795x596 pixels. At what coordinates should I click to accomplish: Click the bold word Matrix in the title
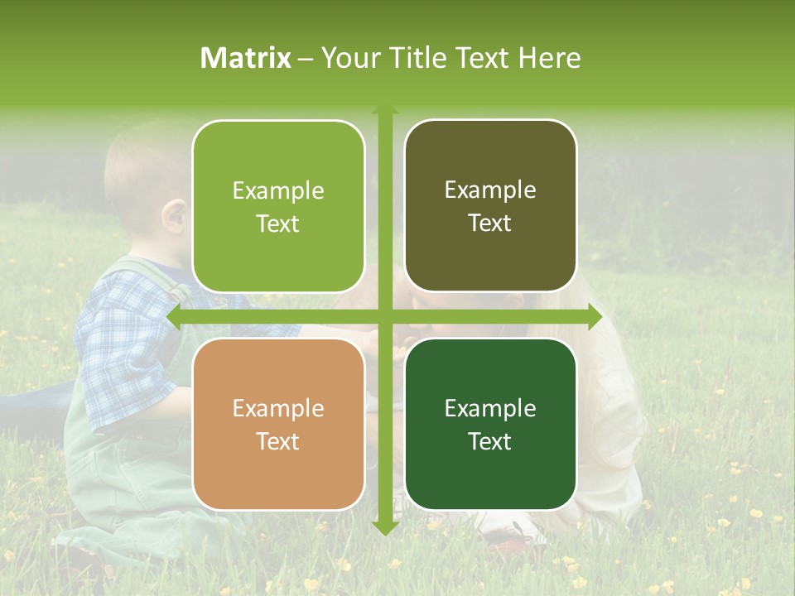pyautogui.click(x=246, y=58)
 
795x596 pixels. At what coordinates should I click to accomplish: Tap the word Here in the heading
pyautogui.click(x=549, y=58)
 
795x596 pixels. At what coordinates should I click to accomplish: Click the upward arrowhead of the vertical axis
pyautogui.click(x=385, y=110)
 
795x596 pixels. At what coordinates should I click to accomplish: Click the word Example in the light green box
pyautogui.click(x=278, y=191)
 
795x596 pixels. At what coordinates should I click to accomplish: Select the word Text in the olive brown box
pyautogui.click(x=490, y=223)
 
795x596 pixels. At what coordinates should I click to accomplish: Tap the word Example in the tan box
pyautogui.click(x=278, y=409)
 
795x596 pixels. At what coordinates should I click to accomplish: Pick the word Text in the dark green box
pyautogui.click(x=490, y=441)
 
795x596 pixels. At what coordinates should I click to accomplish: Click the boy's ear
pyautogui.click(x=174, y=217)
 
